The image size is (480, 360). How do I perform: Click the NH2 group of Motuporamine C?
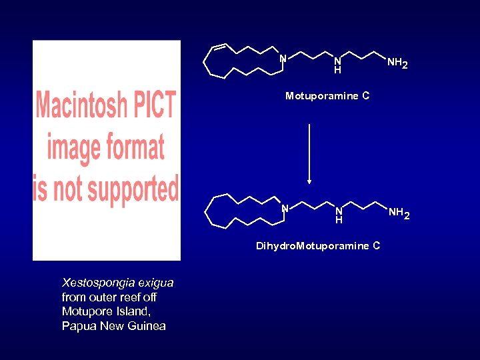coord(397,63)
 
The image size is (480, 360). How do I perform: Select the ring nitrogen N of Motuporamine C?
coord(283,59)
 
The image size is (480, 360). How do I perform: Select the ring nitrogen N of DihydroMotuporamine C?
coord(284,208)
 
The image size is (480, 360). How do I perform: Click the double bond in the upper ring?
coord(219,47)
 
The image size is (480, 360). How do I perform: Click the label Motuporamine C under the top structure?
coord(327,96)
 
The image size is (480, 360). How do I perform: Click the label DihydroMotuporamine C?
coord(318,246)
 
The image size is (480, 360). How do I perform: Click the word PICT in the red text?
coord(157,106)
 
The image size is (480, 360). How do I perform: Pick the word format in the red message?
coord(137,147)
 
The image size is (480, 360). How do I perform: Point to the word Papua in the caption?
coord(77,325)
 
